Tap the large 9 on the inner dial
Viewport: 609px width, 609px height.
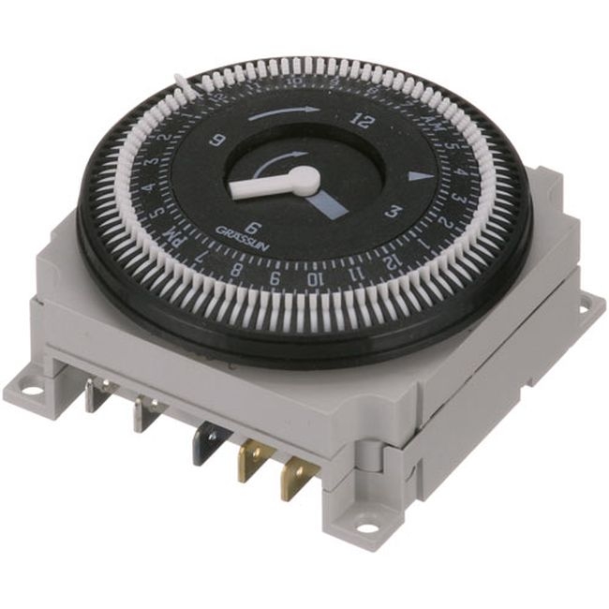coord(219,141)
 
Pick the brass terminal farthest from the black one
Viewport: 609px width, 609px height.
coord(296,480)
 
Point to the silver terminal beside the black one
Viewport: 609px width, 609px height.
coord(145,413)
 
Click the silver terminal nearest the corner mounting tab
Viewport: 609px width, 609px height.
coord(95,394)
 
